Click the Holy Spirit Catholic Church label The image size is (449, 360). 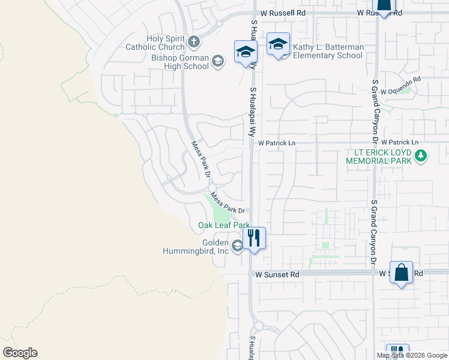coord(155,43)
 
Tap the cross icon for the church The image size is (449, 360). coord(193,42)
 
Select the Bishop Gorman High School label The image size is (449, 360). coord(180,62)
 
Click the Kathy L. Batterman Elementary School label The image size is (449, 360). coord(328,52)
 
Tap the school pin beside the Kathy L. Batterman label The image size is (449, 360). coord(279,44)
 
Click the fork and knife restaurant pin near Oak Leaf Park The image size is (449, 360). coord(254,238)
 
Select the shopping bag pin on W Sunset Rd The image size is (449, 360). coord(402,272)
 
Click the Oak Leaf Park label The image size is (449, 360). coord(224,226)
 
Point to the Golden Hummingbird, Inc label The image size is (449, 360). coord(196,247)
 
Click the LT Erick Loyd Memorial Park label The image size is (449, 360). coord(379,157)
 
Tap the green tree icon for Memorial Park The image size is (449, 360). coord(421,157)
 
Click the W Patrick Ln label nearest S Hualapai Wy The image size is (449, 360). coord(277,143)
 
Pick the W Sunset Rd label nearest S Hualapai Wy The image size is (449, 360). coord(277,274)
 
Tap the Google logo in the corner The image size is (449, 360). coord(20,353)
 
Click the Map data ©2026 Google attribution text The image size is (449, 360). coord(412,355)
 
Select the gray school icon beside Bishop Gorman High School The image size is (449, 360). coord(217,61)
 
